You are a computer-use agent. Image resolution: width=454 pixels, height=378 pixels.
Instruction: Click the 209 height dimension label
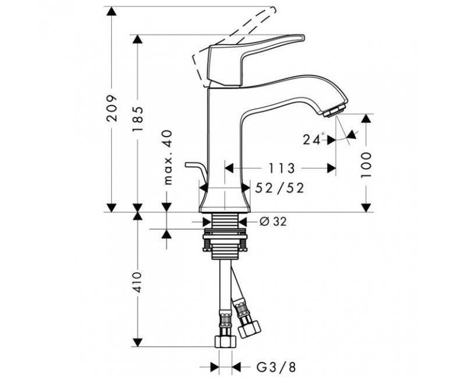pos(112,108)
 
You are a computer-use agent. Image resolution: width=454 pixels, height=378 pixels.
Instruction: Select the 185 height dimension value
pos(137,119)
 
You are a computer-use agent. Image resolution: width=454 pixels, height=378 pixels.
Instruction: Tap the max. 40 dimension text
pos(168,158)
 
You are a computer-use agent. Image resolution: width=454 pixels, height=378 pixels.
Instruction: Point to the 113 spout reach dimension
pos(281,168)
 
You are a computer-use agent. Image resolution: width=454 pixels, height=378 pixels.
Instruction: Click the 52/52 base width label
pos(279,188)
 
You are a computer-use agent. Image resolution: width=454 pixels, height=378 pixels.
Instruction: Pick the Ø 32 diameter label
pos(273,222)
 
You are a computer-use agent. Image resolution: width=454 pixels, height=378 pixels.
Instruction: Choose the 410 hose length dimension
pos(137,282)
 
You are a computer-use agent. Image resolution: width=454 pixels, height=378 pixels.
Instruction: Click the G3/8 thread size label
pos(276,368)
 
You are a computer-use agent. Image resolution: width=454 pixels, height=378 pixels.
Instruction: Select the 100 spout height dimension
pos(366,165)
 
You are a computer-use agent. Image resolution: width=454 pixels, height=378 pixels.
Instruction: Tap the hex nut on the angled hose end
pos(249,329)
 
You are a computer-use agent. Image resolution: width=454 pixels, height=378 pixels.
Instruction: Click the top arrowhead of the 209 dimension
pos(112,11)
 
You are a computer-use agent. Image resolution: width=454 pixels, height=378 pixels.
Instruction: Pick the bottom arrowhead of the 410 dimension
pos(137,343)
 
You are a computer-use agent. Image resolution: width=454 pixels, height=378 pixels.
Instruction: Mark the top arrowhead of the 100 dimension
pos(366,119)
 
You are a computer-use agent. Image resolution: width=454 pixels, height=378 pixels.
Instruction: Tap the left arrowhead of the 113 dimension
pos(229,168)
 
